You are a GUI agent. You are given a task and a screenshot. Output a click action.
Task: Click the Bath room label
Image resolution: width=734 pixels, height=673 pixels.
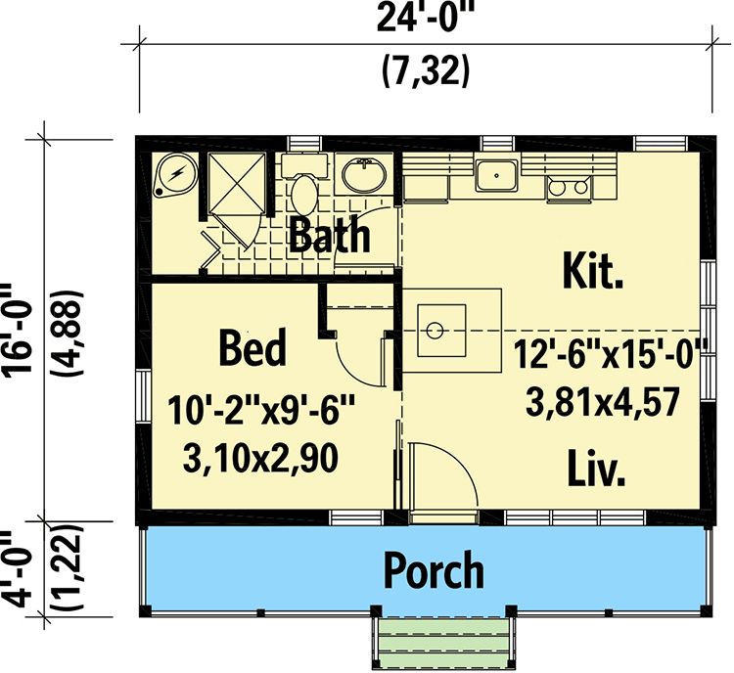(330, 234)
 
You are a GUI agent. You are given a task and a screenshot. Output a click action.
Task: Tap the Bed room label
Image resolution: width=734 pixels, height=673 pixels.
(252, 347)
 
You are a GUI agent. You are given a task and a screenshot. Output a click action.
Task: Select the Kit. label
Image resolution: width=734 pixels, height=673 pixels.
(593, 270)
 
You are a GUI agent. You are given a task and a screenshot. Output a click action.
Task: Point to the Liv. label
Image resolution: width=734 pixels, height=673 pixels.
(596, 468)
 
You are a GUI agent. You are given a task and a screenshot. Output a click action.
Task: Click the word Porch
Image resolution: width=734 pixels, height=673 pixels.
(434, 569)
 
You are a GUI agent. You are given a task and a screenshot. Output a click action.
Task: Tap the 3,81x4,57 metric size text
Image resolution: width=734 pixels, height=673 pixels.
(603, 403)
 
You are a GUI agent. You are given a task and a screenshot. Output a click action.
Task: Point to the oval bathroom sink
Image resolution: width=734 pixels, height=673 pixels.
(364, 175)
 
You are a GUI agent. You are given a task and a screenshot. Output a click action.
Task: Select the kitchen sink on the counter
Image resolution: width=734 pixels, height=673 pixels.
(496, 175)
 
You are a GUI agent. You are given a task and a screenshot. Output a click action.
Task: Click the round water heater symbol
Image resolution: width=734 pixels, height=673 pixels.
(176, 175)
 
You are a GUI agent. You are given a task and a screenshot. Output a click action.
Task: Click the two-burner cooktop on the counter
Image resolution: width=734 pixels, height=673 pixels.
(568, 188)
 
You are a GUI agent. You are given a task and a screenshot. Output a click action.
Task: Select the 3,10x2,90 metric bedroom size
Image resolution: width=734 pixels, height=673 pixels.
(260, 459)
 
